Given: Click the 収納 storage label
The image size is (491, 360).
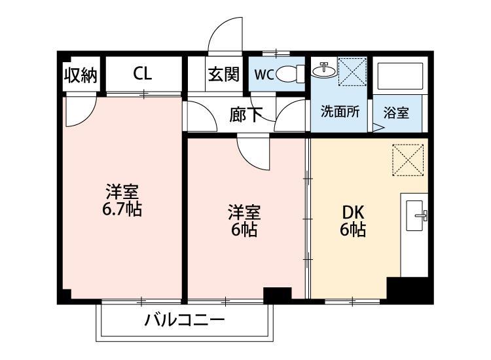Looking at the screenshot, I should click(x=81, y=75).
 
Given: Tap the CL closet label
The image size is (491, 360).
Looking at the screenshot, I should click(x=143, y=74).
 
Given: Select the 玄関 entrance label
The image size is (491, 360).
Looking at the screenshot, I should click(x=224, y=75).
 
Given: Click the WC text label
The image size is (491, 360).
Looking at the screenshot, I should click(x=264, y=75).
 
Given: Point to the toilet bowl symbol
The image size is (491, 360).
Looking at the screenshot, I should click(x=290, y=75).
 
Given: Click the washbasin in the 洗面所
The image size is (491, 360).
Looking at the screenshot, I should click(x=324, y=69).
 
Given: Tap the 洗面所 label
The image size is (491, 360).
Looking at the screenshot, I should click(x=340, y=111).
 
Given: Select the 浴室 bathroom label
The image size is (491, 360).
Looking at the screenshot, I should click(x=396, y=112).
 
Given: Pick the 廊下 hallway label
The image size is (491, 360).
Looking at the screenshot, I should click(x=245, y=115).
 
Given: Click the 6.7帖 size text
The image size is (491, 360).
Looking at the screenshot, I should click(x=122, y=210).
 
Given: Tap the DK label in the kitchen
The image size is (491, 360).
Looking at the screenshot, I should click(x=352, y=213).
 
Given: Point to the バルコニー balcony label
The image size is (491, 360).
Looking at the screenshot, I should click(x=185, y=321).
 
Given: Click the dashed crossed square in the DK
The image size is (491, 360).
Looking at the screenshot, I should click(x=408, y=159).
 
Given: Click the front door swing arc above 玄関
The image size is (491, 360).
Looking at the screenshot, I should click(x=223, y=36).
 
